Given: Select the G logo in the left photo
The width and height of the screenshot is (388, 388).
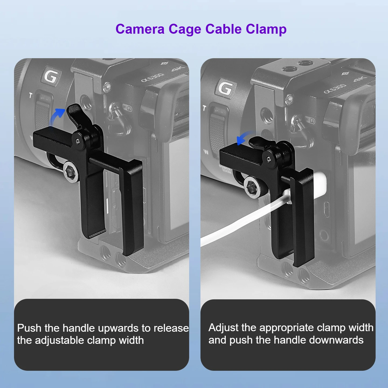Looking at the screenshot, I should point(51,76).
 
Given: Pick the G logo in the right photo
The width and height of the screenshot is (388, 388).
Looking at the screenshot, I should point(225,88).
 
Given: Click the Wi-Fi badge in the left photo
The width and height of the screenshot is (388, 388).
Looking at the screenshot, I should point(127,108).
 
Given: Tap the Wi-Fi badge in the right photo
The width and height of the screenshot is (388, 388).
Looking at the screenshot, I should point(310,120).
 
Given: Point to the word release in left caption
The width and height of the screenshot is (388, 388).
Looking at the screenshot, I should point(171,328).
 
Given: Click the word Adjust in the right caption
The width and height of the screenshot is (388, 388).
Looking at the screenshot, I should point(223,328).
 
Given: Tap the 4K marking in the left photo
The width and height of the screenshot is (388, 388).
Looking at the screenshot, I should point(178,69).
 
